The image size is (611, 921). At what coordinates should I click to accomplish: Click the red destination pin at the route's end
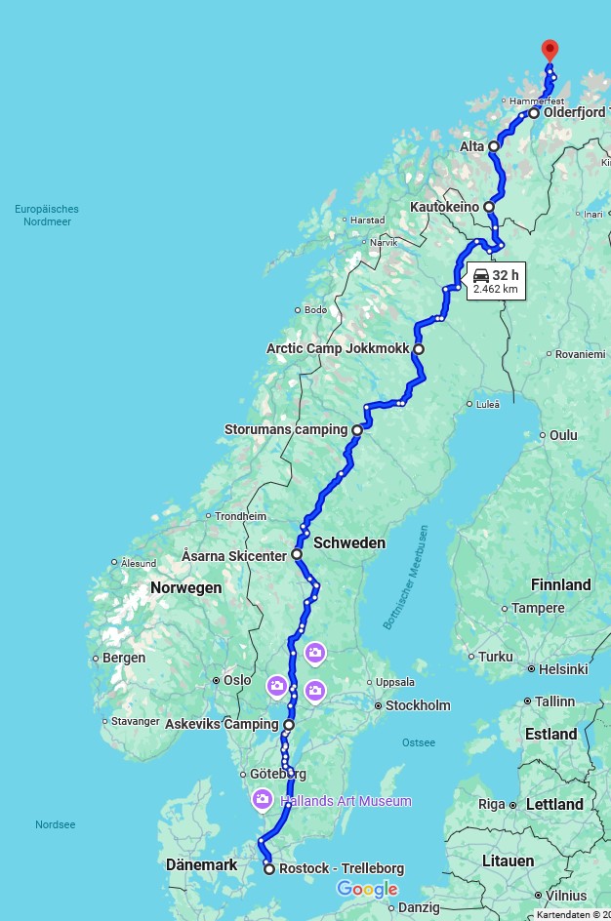pos(550,50)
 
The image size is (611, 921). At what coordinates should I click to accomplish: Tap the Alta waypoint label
pos(472,146)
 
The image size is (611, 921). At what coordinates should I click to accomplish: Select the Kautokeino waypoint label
pos(444,207)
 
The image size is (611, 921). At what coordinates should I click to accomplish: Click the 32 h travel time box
pos(496,281)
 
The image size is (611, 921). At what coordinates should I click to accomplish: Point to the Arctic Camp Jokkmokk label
pos(338,348)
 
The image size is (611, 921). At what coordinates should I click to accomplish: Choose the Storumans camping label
pos(286,429)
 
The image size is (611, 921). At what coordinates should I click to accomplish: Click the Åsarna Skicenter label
pos(234,555)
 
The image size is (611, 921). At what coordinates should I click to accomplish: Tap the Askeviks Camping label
pos(223,725)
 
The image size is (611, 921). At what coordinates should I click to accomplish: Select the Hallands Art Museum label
pos(346,801)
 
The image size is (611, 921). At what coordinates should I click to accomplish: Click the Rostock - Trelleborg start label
pos(341,868)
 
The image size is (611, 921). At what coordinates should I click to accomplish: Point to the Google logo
pos(367,889)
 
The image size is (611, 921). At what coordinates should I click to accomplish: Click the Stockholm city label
pos(418,705)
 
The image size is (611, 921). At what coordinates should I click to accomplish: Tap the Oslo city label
pos(237,680)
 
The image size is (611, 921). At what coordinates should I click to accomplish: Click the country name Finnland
pos(560,584)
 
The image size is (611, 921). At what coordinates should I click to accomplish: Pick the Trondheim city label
pos(240,516)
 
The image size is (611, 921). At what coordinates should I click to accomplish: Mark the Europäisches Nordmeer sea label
pos(47,215)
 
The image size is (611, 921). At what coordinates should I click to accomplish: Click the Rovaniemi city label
pos(580,354)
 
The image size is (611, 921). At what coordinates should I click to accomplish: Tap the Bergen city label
pos(124,658)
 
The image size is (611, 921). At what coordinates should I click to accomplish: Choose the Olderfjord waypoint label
pos(574,113)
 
